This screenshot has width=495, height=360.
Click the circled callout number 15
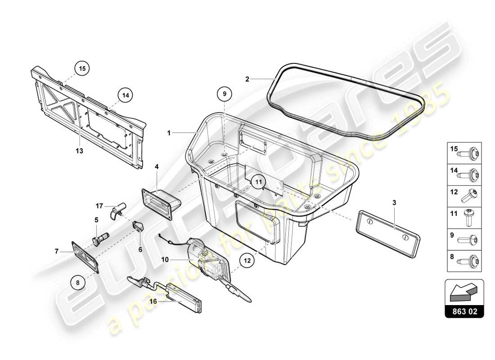82,69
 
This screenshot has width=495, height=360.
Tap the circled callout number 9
225,94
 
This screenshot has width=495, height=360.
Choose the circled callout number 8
78,283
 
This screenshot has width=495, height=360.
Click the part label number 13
80,151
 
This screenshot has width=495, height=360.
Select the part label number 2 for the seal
247,79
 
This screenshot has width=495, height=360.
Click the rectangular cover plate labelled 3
388,230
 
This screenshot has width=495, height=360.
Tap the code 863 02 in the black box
464,311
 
